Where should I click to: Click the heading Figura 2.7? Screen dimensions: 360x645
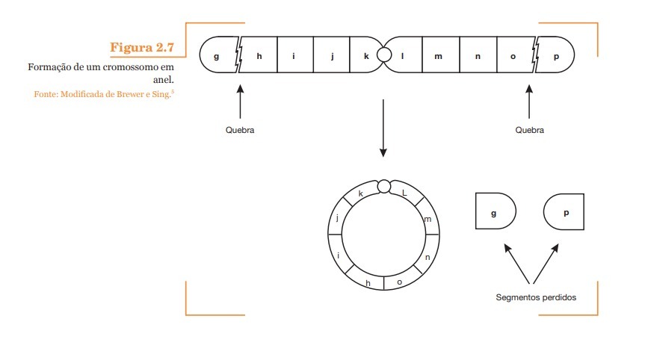(x=141, y=48)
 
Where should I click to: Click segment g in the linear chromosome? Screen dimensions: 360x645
(x=217, y=55)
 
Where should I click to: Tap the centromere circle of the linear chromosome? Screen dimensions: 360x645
(x=384, y=55)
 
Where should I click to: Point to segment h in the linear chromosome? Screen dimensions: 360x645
(x=259, y=55)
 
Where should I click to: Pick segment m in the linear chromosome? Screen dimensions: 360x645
(x=439, y=55)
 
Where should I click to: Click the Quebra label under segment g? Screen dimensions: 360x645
(x=240, y=130)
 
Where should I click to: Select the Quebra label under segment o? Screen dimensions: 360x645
(x=529, y=130)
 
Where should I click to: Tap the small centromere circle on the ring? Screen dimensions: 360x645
(x=384, y=186)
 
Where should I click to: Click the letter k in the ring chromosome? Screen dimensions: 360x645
(x=361, y=193)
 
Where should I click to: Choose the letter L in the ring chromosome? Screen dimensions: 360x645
(x=404, y=193)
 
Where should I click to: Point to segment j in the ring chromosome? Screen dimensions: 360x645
(x=338, y=218)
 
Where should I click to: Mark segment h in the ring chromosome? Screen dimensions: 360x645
(x=368, y=282)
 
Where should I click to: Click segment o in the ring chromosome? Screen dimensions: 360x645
(x=399, y=282)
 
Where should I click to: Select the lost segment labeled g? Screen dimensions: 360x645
(x=495, y=212)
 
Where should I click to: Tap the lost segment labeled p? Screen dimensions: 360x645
(x=564, y=212)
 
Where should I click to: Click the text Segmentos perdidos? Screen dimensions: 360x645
(x=535, y=297)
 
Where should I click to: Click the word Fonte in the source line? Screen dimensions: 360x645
(x=46, y=95)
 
